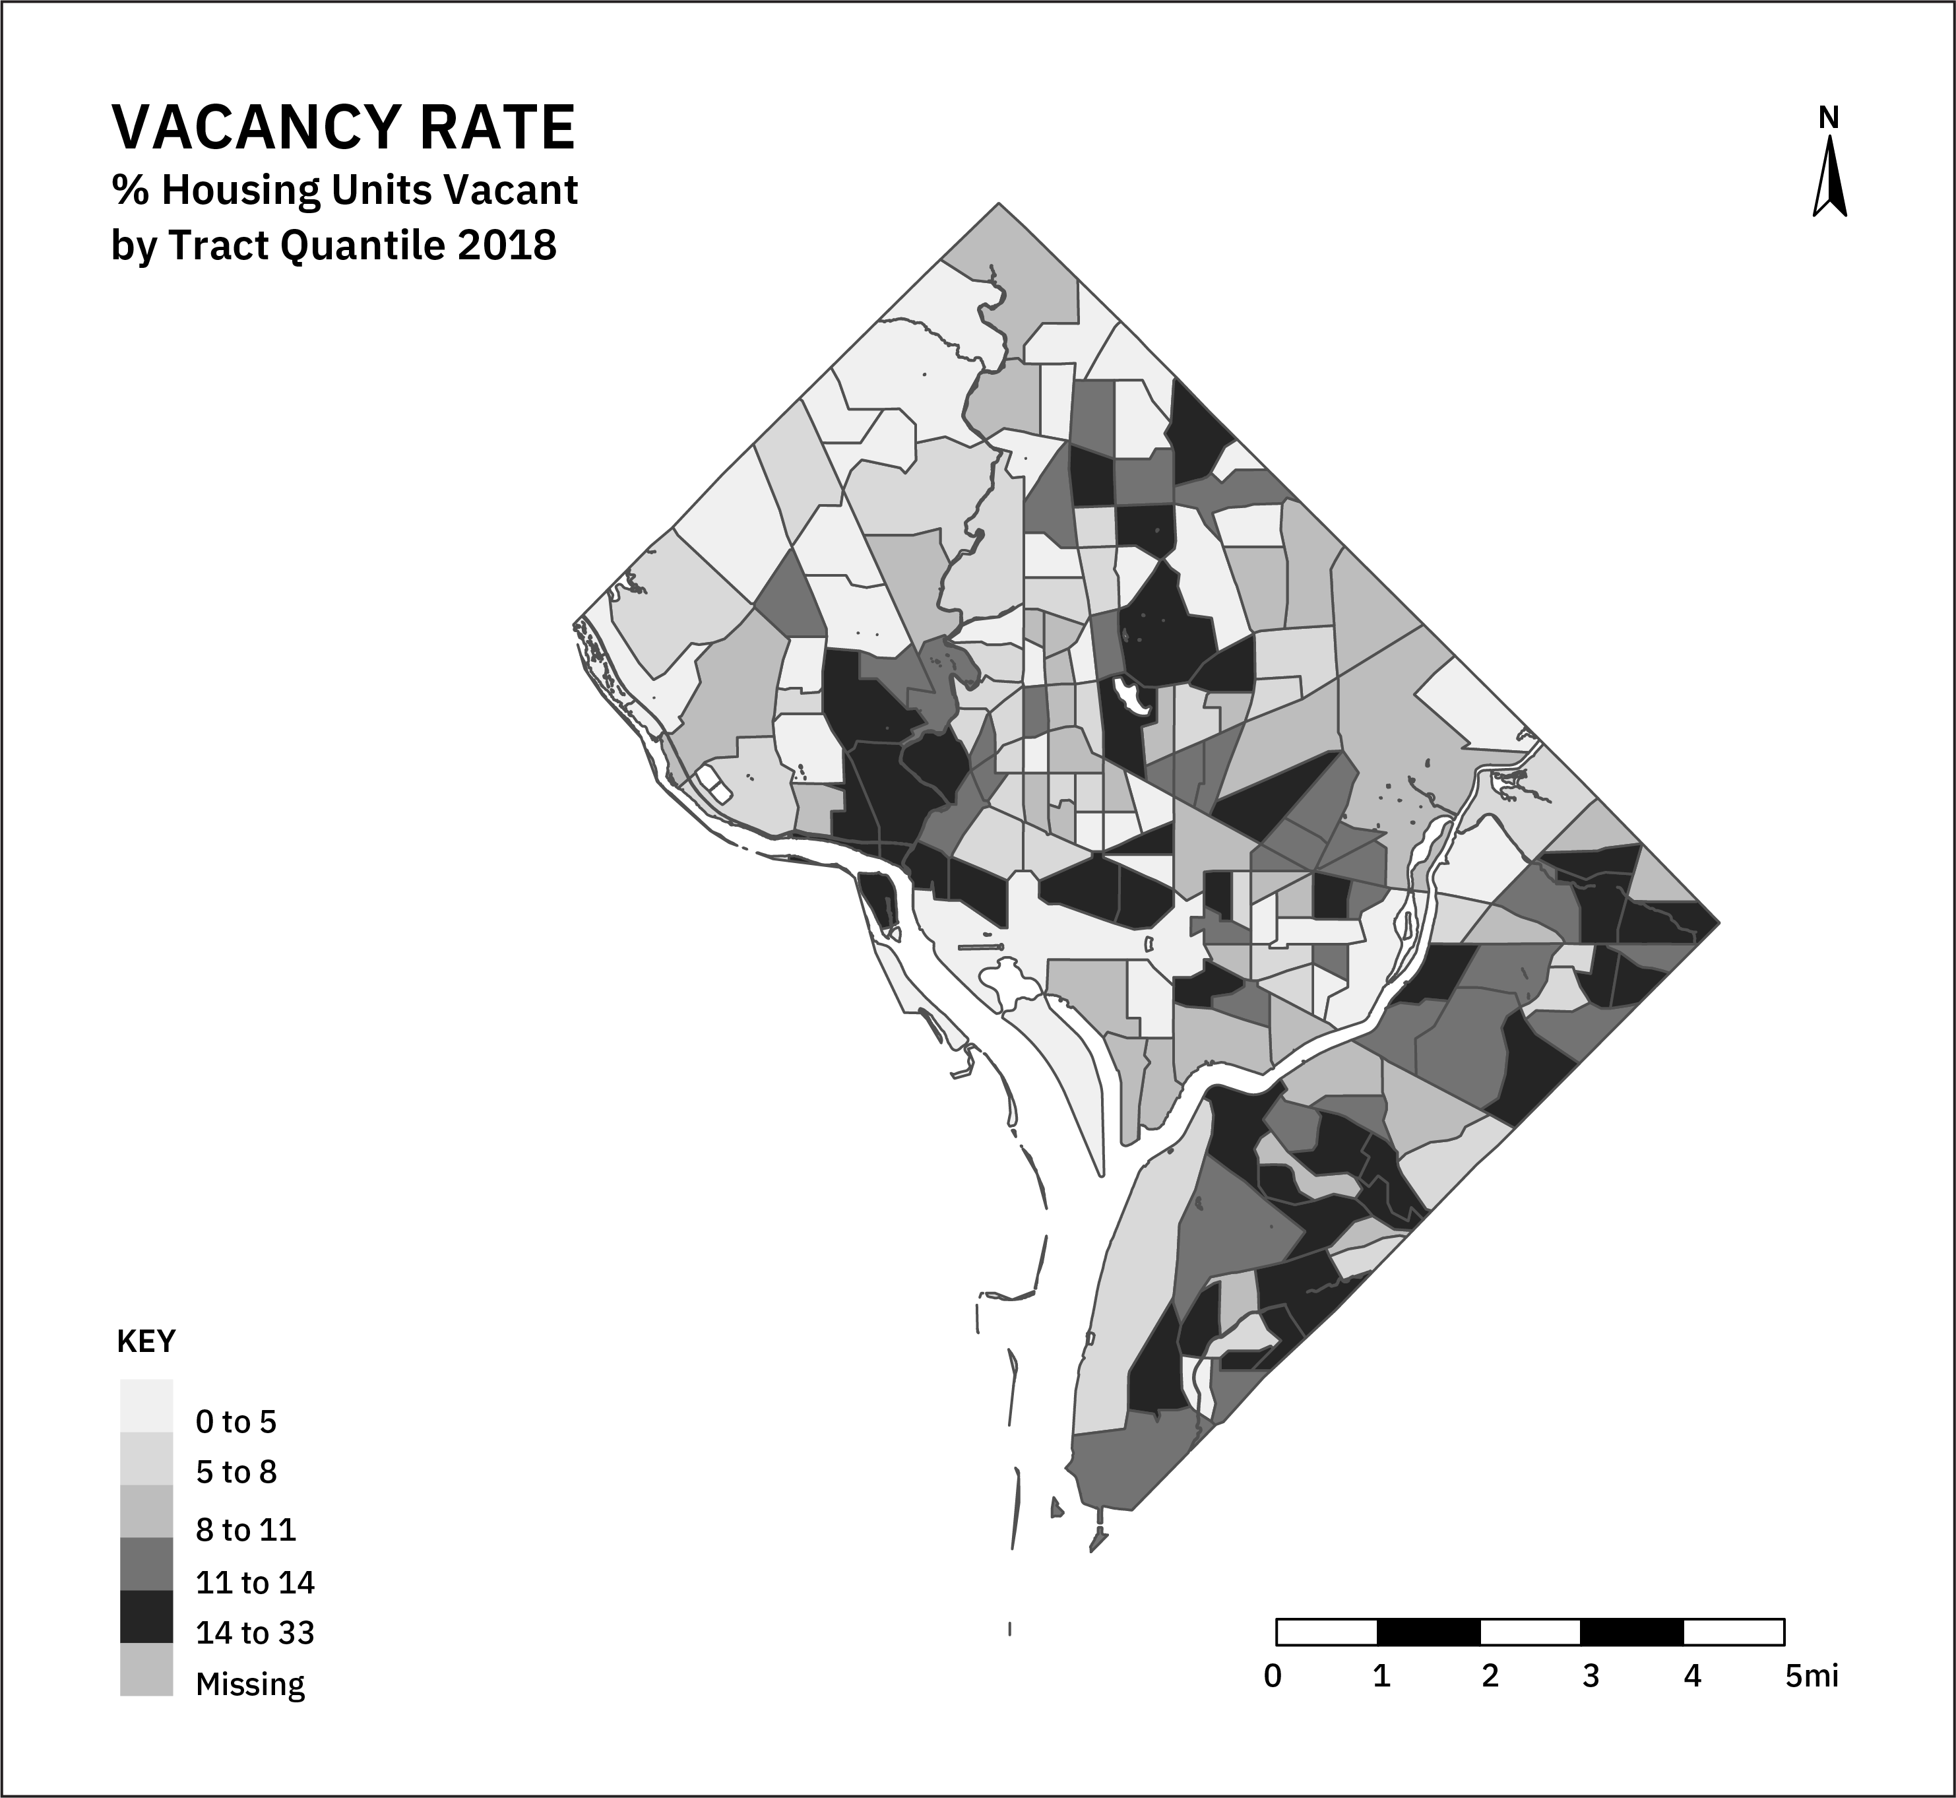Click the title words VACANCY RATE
(x=343, y=127)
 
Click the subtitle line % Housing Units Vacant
(x=344, y=190)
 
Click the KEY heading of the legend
(x=146, y=1341)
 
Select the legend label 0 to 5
(x=236, y=1423)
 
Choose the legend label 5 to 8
(x=236, y=1472)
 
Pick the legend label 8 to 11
(x=245, y=1530)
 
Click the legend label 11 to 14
(x=255, y=1583)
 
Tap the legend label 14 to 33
(x=255, y=1632)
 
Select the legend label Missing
(x=250, y=1684)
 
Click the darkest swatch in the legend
(x=146, y=1617)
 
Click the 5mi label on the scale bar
(x=1811, y=1677)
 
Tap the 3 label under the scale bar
(x=1591, y=1677)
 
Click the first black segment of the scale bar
(x=1428, y=1632)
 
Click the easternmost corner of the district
(x=1719, y=921)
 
